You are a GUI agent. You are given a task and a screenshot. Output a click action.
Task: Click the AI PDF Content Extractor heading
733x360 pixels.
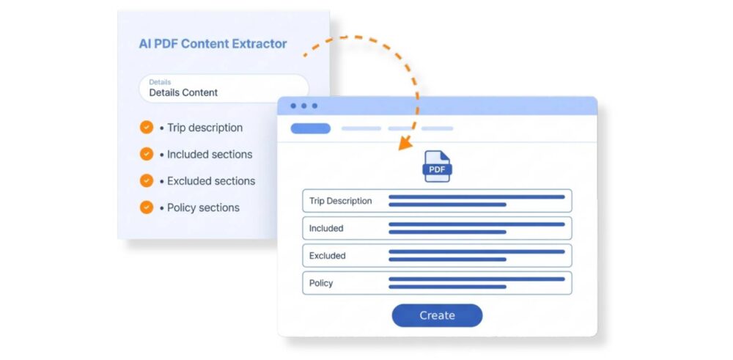click(213, 44)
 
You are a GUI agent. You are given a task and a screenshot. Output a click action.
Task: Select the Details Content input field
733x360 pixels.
click(224, 89)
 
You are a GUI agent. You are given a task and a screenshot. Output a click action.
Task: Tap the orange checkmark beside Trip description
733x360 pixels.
click(147, 127)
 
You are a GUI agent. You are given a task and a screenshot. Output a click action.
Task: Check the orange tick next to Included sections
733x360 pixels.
click(147, 154)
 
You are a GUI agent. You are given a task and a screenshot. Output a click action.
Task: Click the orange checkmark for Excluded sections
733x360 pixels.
click(147, 180)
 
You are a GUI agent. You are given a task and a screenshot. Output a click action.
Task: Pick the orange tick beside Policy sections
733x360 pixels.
click(147, 207)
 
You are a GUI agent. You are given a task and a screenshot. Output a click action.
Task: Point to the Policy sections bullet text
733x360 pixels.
click(199, 207)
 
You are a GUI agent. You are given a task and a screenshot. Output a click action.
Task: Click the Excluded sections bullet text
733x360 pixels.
click(207, 181)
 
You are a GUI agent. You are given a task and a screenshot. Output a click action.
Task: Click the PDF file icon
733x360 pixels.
click(437, 166)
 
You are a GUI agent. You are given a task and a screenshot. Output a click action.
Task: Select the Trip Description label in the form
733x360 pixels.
click(340, 201)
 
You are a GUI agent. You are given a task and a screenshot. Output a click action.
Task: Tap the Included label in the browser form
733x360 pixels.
click(326, 228)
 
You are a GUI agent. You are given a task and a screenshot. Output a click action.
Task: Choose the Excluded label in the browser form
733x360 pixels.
click(327, 256)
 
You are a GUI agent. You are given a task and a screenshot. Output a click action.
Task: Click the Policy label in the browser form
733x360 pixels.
click(321, 283)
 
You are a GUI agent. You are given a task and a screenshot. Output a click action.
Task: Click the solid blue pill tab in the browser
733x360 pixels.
click(310, 128)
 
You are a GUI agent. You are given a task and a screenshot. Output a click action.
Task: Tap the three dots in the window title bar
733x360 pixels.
click(304, 106)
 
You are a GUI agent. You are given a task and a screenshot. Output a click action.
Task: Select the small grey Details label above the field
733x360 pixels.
click(160, 82)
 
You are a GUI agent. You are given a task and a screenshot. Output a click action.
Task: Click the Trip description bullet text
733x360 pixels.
click(201, 128)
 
